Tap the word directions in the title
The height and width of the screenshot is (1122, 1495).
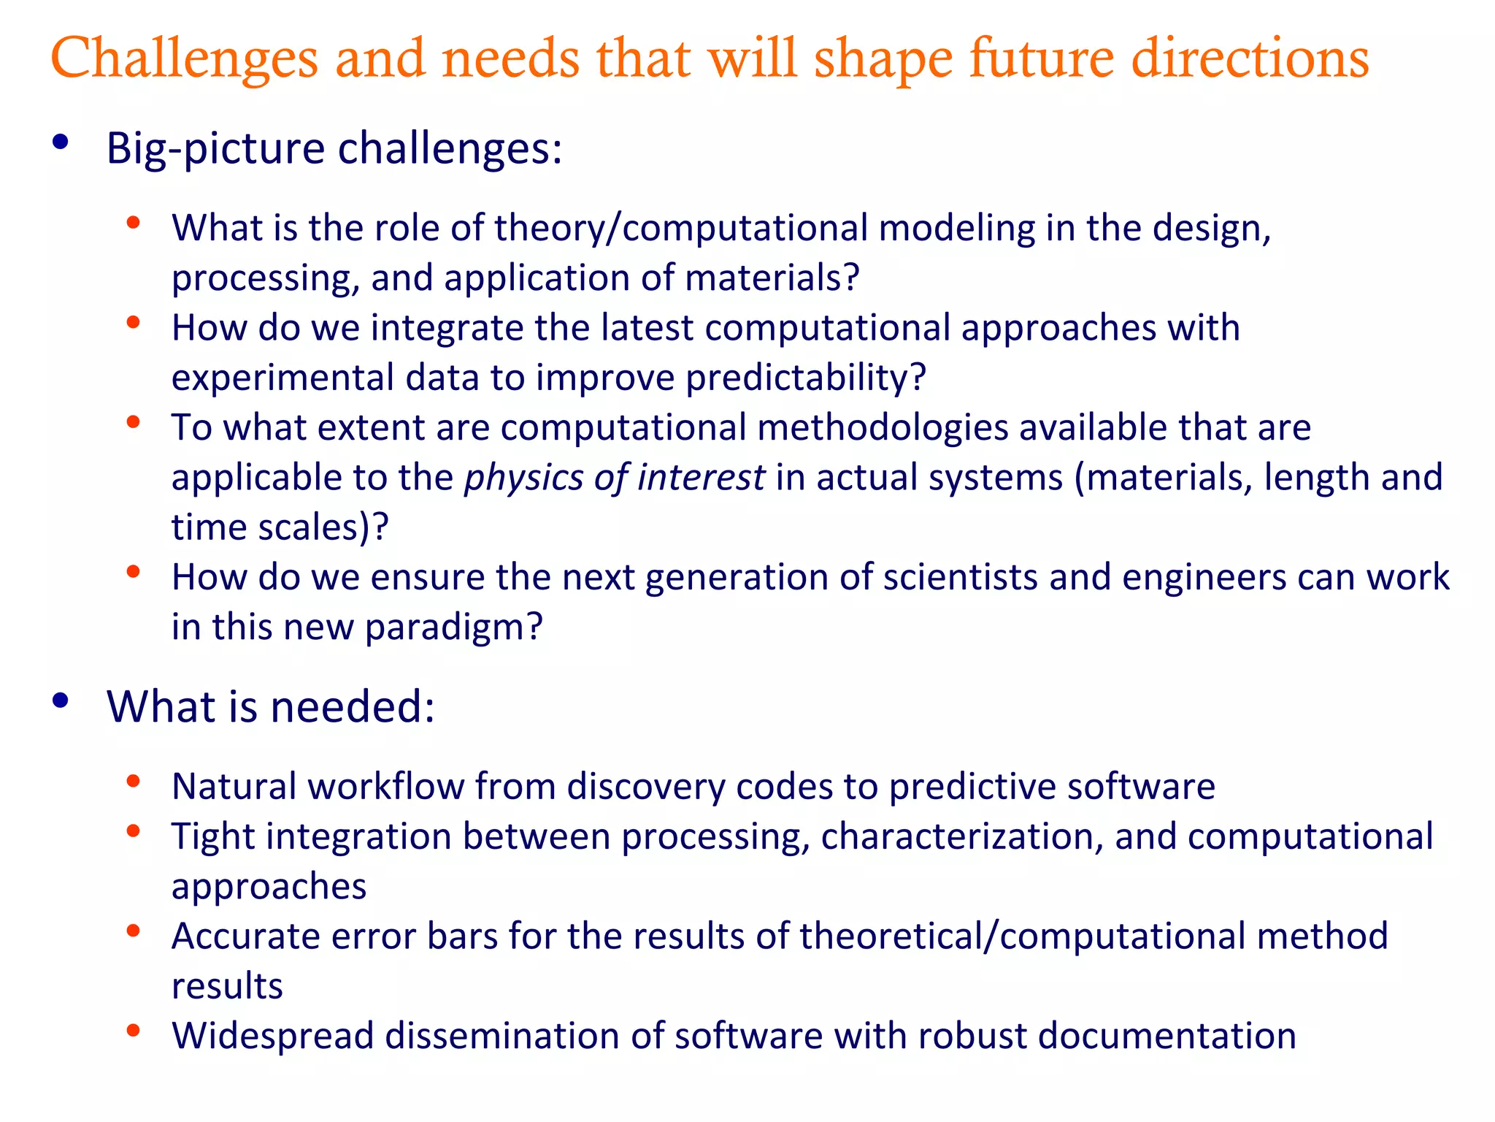1250,58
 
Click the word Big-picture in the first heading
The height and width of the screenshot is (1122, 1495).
215,150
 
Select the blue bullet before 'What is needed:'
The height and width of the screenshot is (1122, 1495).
61,701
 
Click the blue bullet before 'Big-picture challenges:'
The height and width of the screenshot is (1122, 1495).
61,142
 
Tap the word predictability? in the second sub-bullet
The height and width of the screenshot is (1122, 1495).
806,378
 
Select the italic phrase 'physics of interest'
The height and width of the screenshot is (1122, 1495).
615,478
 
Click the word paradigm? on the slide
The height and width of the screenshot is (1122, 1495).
453,627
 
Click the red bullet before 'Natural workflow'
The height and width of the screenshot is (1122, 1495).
133,782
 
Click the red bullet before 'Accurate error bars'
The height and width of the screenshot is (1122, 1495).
133,931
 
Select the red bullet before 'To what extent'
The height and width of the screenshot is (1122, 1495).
133,421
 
